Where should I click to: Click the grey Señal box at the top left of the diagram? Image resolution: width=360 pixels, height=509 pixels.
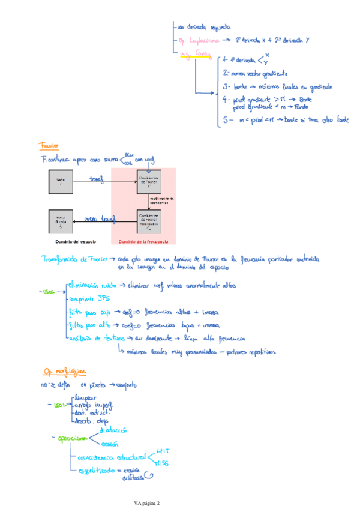(61, 182)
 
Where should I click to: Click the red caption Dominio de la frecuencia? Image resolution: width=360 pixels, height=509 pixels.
(143, 241)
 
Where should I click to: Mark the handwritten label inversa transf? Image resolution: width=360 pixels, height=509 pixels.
(100, 218)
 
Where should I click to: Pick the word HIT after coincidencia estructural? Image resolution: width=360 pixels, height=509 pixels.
(163, 451)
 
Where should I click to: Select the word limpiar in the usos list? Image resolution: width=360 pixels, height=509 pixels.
(83, 396)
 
